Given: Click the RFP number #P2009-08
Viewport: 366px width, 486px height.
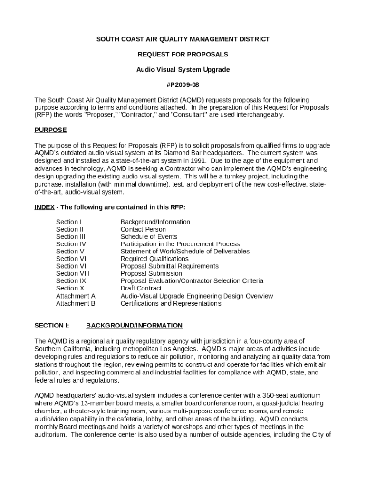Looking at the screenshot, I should [x=183, y=84].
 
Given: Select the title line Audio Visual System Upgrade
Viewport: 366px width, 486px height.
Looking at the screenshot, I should [x=183, y=70].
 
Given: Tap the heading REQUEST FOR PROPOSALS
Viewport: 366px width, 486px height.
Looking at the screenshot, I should [x=183, y=55].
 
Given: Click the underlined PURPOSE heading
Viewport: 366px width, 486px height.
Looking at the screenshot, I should [x=50, y=130].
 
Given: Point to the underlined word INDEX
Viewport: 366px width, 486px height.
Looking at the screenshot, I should [x=44, y=207].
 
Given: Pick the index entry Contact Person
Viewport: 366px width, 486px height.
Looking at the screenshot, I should [x=143, y=229].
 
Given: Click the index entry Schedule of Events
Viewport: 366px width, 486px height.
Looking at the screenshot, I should [x=149, y=236].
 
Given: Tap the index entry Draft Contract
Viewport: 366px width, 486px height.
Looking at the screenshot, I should [x=141, y=288].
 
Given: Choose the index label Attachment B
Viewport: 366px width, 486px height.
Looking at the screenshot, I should [x=76, y=303].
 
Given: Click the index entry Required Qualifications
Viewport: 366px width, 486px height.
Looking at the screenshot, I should [x=154, y=259].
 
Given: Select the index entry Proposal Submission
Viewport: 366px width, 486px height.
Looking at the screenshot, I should [x=151, y=273].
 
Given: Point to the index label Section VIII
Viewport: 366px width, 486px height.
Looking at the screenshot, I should [x=73, y=273].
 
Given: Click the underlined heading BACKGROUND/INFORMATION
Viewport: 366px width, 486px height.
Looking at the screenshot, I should [x=134, y=326].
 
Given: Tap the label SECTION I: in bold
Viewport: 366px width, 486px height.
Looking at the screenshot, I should [x=52, y=326].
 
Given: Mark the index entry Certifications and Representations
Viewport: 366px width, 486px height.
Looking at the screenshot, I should [x=171, y=303].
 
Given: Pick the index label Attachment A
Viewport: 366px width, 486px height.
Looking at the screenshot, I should [x=76, y=296].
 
